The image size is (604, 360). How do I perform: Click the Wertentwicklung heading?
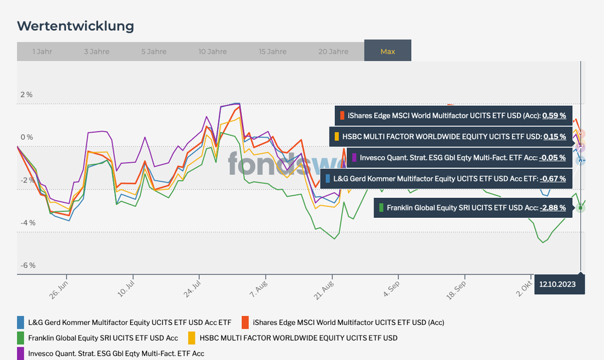[x=76, y=26]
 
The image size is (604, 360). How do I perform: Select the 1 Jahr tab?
[x=42, y=51]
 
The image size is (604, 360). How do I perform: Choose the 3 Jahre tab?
[x=97, y=51]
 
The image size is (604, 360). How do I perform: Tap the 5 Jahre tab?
[x=154, y=51]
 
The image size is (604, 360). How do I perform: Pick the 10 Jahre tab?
[x=212, y=51]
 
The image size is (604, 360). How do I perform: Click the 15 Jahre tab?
[x=273, y=51]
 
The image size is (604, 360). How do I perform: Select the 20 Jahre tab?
[x=333, y=51]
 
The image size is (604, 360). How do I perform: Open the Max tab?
[x=388, y=51]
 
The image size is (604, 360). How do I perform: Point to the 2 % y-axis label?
[x=27, y=95]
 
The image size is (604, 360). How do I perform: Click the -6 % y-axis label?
[x=28, y=266]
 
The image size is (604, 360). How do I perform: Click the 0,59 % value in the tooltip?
[x=554, y=116]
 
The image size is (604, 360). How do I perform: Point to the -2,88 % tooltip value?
[x=553, y=208]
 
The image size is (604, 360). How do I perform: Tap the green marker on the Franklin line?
[x=580, y=208]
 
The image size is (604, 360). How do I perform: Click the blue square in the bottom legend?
[x=21, y=322]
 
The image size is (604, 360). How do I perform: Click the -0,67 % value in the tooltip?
[x=553, y=179]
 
